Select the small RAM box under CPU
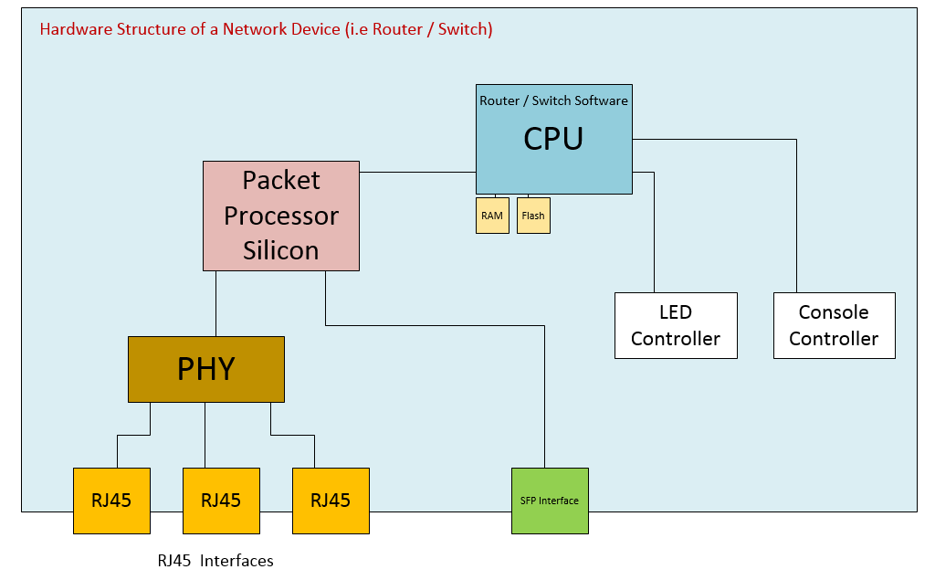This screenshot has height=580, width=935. click(492, 216)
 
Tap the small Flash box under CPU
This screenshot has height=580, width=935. click(533, 216)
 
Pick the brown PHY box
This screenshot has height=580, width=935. click(206, 369)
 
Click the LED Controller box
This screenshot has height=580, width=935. click(676, 325)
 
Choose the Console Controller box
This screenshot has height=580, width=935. click(834, 325)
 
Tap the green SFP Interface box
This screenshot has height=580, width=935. click(550, 501)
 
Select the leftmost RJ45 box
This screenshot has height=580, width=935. click(111, 501)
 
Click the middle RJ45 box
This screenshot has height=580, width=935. click(221, 501)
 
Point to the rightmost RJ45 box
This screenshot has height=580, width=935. click(331, 501)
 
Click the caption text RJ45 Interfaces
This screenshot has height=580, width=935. click(215, 561)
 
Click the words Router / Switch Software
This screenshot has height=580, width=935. click(553, 100)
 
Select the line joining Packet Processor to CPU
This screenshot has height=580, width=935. click(417, 172)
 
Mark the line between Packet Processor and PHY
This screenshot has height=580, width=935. click(215, 303)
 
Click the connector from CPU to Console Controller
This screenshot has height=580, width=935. click(796, 219)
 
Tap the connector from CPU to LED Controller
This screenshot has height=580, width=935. click(654, 237)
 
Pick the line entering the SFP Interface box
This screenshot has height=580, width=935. click(544, 402)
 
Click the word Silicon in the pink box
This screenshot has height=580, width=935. click(281, 250)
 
